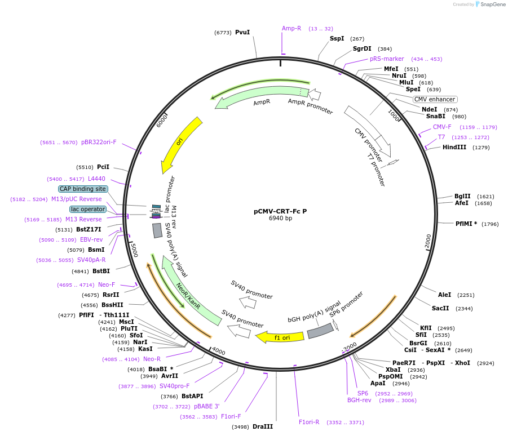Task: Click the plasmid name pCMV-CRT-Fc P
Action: click(x=280, y=211)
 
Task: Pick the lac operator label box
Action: click(x=88, y=209)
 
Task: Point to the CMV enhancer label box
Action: click(x=435, y=99)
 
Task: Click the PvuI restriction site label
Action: click(x=242, y=33)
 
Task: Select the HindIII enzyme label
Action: click(x=454, y=148)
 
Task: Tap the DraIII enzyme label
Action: click(x=263, y=426)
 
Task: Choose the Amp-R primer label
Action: click(x=291, y=28)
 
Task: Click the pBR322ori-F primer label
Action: click(x=99, y=142)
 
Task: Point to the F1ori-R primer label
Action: click(x=309, y=422)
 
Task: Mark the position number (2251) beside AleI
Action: click(x=466, y=295)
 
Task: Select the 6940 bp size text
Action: click(x=280, y=219)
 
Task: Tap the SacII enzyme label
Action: click(x=440, y=308)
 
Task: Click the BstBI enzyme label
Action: click(x=101, y=271)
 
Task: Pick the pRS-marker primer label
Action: click(x=387, y=59)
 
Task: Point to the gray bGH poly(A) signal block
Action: click(x=320, y=331)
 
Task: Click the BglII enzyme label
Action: click(x=462, y=196)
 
